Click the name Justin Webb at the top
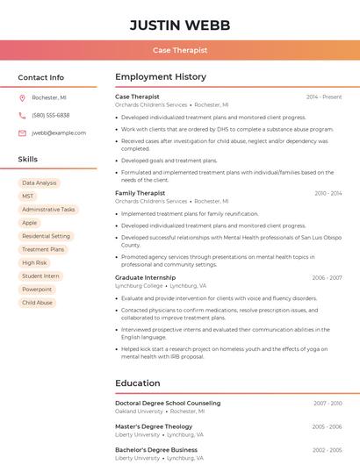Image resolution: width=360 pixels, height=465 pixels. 180,25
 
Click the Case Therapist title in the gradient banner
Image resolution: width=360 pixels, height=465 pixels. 180,50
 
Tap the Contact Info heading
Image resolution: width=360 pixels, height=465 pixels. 41,77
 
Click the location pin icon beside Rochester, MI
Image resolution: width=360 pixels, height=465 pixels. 22,98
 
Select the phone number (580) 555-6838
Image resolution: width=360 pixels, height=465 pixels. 50,115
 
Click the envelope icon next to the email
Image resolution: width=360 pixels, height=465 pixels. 22,132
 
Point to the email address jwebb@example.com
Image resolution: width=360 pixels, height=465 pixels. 59,132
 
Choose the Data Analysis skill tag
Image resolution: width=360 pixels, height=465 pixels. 39,183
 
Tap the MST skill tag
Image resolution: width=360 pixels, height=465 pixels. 28,197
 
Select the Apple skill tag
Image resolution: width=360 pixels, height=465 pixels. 30,223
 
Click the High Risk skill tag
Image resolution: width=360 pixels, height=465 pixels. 34,262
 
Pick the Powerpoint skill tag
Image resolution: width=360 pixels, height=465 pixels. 37,289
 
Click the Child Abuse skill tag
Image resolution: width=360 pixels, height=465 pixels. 37,303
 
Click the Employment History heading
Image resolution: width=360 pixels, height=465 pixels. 161,77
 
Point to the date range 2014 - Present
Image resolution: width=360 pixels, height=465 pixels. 324,97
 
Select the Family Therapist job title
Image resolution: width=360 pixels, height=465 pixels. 140,193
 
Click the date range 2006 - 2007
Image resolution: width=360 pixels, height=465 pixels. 327,277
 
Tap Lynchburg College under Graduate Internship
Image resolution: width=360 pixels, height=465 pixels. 139,286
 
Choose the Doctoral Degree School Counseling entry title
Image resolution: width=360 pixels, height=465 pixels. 168,403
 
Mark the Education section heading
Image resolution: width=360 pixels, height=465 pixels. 138,383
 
